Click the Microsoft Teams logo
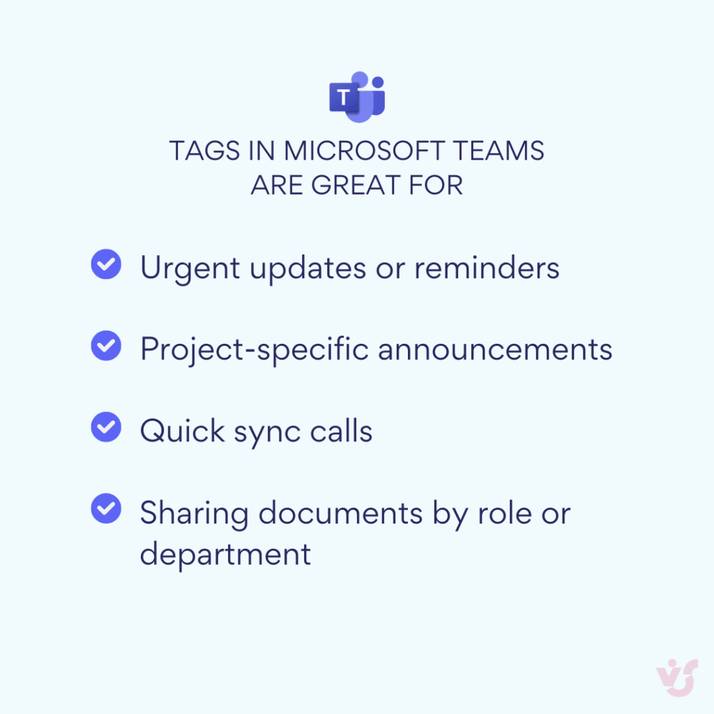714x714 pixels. pos(357,96)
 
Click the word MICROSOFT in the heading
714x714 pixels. pos(361,151)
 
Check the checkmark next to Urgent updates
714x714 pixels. pos(107,265)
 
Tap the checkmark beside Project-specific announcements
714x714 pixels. pos(107,347)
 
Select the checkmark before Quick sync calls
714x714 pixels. pos(107,427)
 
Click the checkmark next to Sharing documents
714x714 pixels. pos(107,509)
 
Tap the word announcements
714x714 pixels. pos(495,349)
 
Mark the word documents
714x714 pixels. pos(341,513)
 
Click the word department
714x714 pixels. pos(225,555)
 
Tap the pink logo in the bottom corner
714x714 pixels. pos(676,676)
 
